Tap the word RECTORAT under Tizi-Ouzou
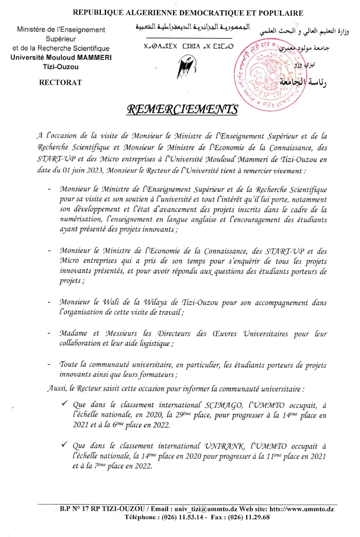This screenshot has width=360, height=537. click(60, 82)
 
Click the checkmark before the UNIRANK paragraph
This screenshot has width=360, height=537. click(64, 445)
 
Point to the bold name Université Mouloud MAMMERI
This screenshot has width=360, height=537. click(60, 57)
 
